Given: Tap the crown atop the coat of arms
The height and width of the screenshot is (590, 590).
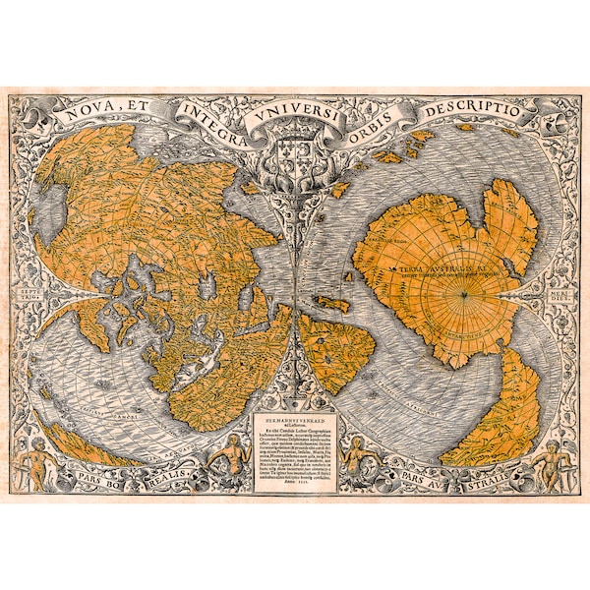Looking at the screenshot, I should click(295, 135).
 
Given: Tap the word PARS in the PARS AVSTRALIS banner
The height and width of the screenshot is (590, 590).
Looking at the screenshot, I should click(418, 482).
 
